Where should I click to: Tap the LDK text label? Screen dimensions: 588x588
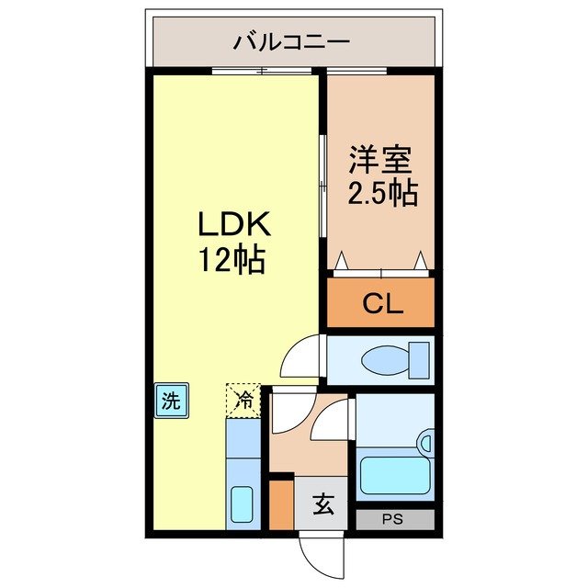232,225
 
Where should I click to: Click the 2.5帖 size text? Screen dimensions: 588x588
380,193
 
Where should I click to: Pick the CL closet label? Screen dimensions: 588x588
381,304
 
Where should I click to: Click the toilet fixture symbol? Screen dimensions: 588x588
395,357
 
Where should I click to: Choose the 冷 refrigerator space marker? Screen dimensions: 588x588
244,400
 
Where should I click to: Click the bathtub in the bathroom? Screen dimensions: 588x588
395,474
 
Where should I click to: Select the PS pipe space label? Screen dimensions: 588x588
394,519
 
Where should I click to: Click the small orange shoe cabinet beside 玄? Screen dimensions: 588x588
281,504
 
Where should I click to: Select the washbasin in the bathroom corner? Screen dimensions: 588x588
424,444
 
